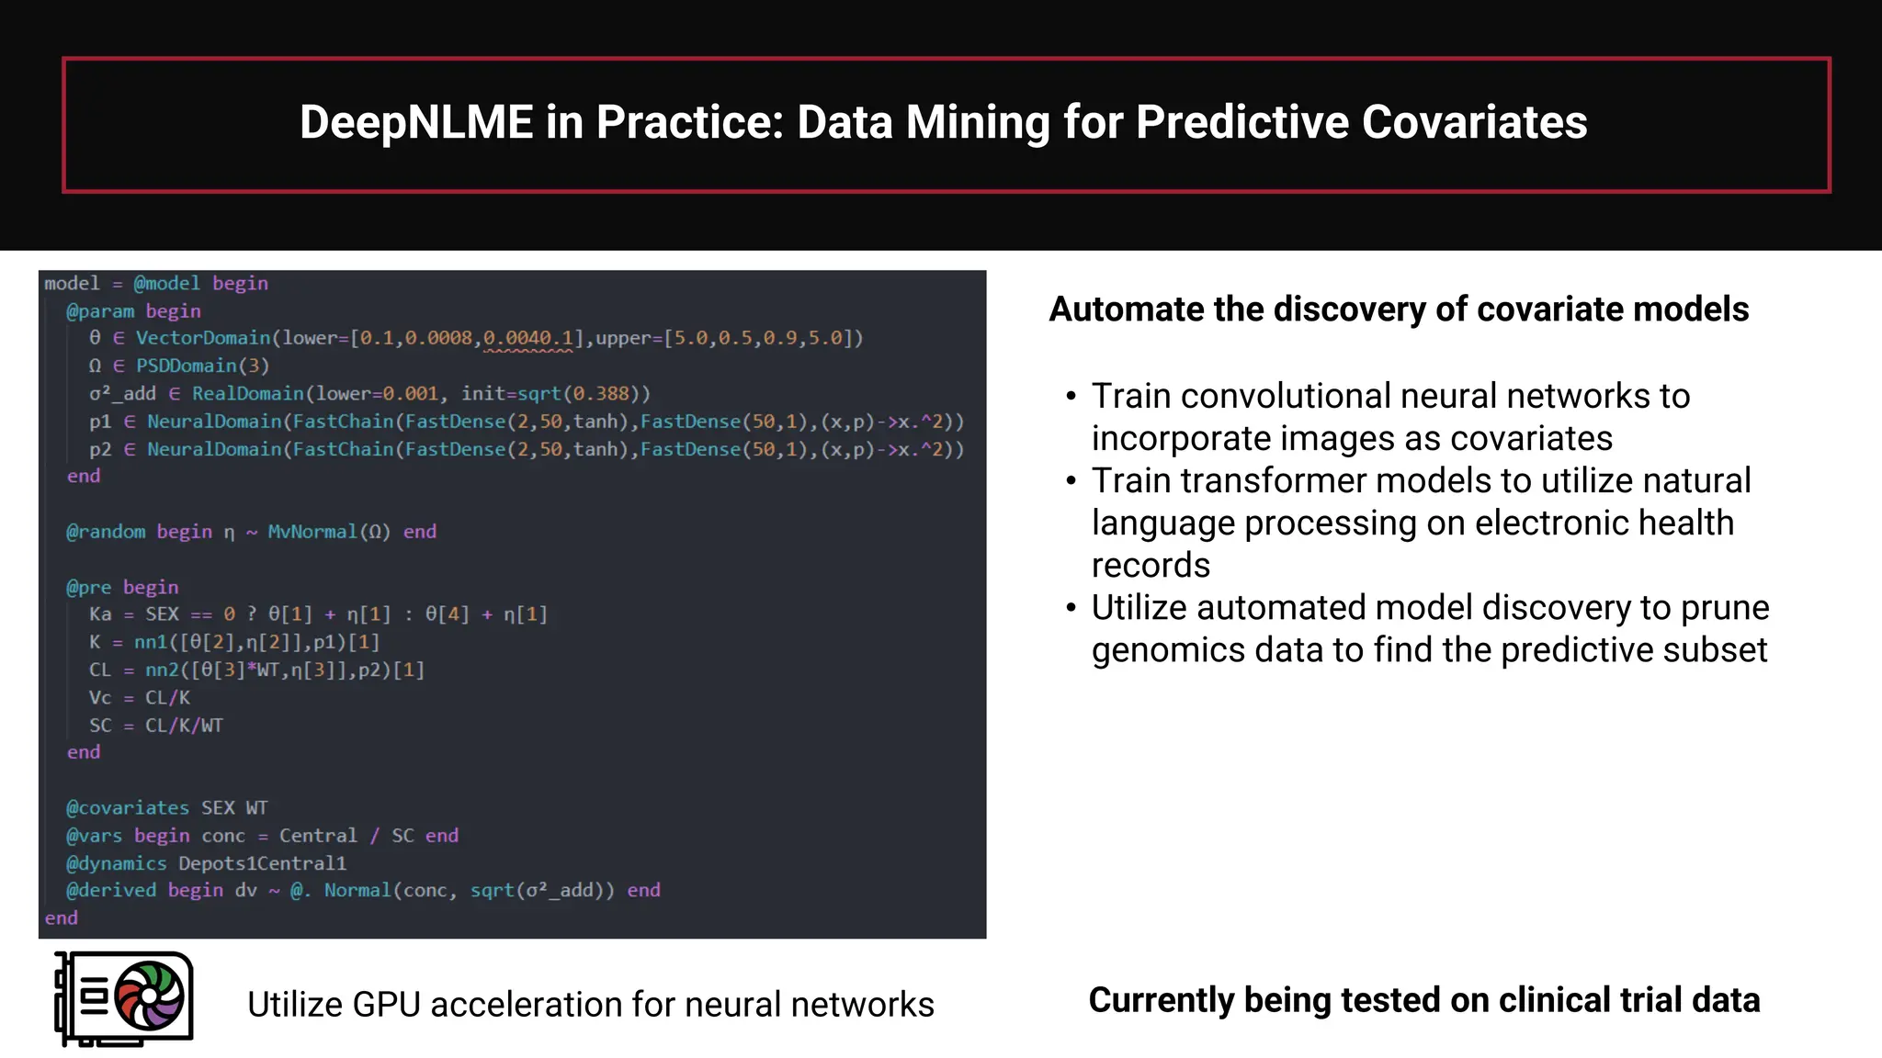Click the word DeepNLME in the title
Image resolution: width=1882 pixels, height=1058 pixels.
coord(416,122)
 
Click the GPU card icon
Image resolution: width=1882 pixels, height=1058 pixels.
coord(124,999)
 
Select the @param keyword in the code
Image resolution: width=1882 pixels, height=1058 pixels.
coord(100,310)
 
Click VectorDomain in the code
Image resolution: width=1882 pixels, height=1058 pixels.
coord(203,338)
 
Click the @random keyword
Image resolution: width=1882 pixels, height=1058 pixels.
coord(106,532)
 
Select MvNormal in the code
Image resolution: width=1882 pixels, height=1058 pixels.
coord(312,532)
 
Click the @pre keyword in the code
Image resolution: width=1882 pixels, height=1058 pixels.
coord(89,587)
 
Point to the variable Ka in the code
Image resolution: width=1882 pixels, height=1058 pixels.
coord(100,614)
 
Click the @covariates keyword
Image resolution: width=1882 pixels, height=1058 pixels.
coord(128,808)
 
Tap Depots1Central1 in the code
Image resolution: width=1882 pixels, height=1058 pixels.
coord(263,863)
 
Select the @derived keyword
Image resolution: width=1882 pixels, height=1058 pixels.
coord(111,890)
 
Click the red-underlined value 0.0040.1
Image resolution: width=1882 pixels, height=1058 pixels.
coord(527,338)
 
